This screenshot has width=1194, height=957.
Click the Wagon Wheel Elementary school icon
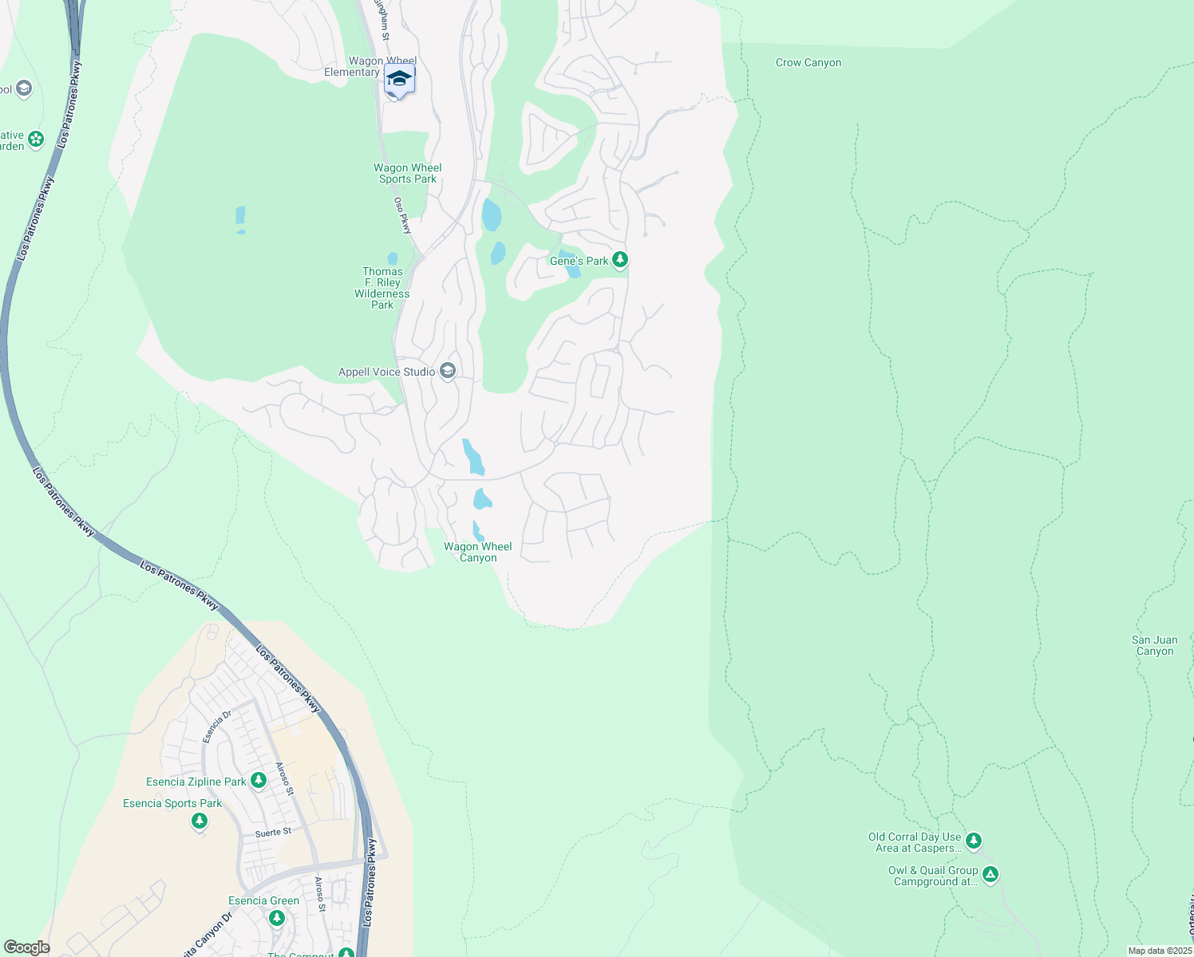(399, 80)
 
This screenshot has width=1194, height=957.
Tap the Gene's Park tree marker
(620, 260)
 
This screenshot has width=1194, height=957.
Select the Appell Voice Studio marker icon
(448, 371)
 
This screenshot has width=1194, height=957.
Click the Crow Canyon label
(809, 63)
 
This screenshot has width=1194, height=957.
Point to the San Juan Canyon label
(1154, 646)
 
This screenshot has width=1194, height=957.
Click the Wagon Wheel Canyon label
(478, 552)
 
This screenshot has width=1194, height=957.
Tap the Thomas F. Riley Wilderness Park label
(382, 288)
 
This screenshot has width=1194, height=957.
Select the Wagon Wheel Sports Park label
(408, 173)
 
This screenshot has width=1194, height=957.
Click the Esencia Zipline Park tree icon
(259, 781)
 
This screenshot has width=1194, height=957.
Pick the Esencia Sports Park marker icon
(200, 821)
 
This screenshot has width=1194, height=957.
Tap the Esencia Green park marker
(277, 918)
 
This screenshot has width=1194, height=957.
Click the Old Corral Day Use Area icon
(973, 841)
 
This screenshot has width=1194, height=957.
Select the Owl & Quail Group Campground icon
(990, 875)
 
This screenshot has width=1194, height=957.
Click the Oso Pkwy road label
(403, 215)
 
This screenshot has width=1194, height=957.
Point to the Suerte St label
(274, 833)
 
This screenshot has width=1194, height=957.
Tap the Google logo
(27, 947)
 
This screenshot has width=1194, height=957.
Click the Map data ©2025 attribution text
(1160, 951)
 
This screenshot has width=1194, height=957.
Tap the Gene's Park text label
(579, 261)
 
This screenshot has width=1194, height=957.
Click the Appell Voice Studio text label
(387, 372)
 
